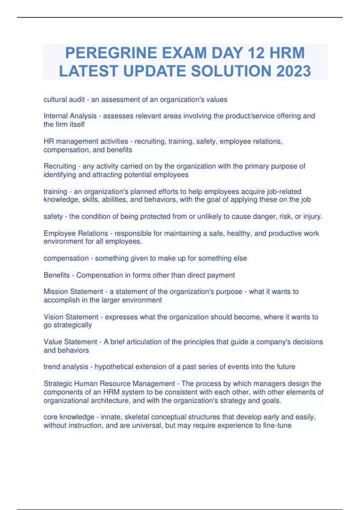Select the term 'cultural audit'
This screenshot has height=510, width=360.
(64, 100)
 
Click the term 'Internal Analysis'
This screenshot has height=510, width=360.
(70, 116)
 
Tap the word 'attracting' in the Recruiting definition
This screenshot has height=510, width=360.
(106, 175)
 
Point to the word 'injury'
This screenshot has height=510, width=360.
(312, 216)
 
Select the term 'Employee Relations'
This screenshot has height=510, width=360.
(76, 233)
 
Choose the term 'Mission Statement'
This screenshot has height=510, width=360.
(73, 292)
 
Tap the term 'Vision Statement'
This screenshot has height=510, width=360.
(71, 317)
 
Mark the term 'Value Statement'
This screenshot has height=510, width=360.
(70, 342)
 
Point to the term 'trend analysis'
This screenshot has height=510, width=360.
(66, 367)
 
